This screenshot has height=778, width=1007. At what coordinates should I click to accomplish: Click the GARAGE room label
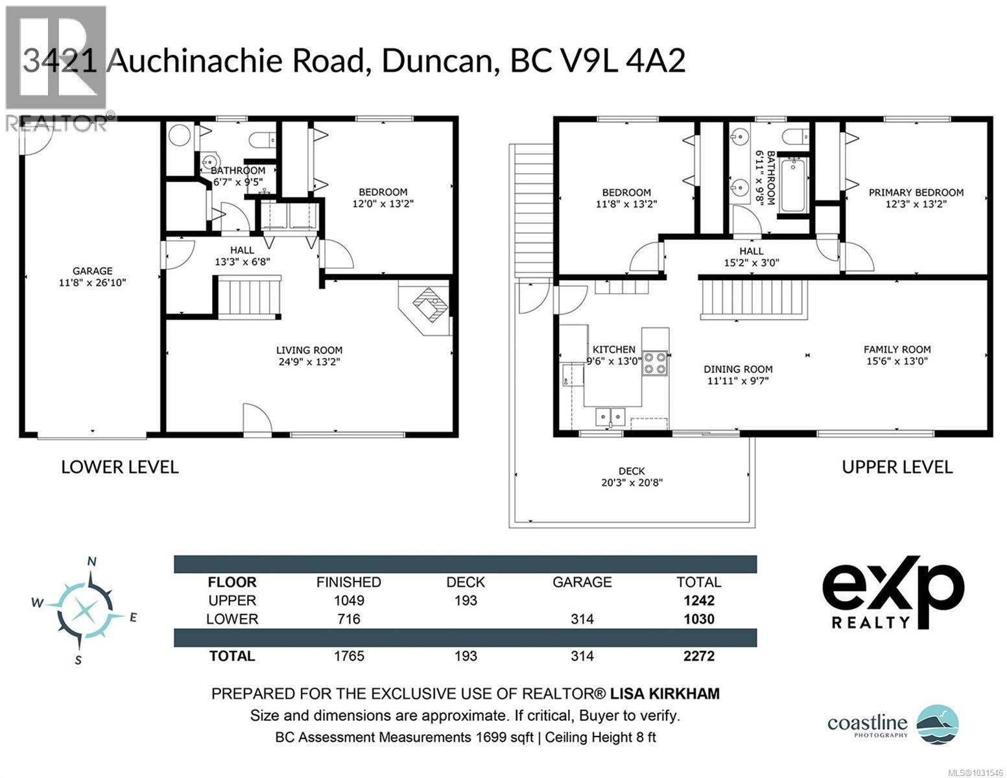(92, 271)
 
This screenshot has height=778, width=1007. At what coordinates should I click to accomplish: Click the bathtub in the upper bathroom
(793, 185)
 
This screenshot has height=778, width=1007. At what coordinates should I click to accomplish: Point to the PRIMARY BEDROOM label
(916, 193)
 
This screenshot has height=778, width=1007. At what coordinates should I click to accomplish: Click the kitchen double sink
(610, 416)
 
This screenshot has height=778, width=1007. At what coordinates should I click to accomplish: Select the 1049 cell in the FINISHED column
(348, 600)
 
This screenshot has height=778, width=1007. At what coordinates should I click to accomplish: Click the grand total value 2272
(698, 656)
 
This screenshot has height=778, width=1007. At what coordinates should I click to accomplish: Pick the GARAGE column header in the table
(582, 582)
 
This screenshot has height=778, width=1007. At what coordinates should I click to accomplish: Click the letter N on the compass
(92, 561)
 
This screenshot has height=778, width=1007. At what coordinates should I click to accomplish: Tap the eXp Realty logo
(893, 592)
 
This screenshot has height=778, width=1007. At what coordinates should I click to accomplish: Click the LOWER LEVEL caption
(119, 467)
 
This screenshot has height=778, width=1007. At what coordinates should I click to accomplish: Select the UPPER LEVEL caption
(897, 467)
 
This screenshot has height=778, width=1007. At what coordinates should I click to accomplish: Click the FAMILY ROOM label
(897, 349)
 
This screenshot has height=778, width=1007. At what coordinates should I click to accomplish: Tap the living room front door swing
(257, 418)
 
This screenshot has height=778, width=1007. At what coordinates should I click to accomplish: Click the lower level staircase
(248, 297)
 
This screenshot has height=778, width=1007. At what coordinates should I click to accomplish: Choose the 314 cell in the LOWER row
(582, 619)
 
